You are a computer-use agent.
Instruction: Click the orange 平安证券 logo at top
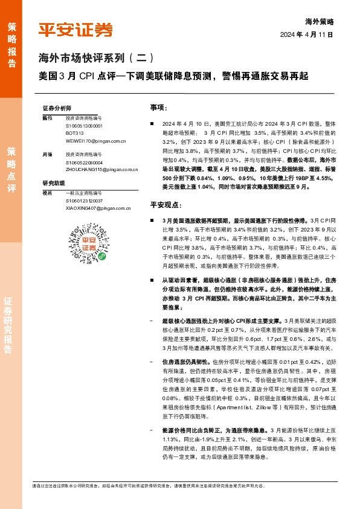point(76,30)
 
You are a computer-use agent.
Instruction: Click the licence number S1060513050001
point(84,126)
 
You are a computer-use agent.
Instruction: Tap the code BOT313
point(75,133)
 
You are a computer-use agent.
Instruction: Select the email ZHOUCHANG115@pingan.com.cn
point(100,170)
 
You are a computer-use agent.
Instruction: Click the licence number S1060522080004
point(84,163)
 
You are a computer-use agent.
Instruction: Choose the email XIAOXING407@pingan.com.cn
point(97,207)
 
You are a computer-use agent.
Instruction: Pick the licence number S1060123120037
point(84,200)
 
